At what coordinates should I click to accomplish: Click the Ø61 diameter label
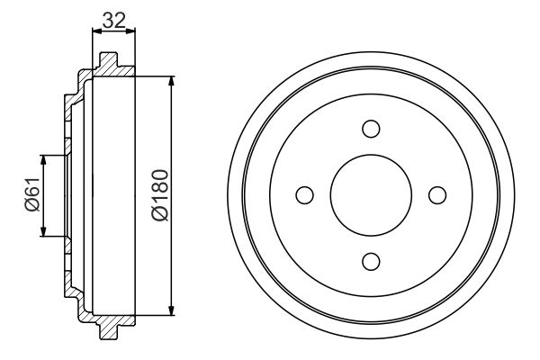click(x=31, y=195)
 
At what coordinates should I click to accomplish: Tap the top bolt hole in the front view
click(x=370, y=128)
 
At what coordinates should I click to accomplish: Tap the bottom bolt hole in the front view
click(x=370, y=261)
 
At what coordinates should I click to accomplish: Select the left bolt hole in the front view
click(x=303, y=194)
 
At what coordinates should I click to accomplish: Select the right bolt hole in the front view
click(x=436, y=194)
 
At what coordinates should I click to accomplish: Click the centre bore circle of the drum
click(x=370, y=194)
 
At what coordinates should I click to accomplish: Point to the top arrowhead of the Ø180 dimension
click(x=171, y=81)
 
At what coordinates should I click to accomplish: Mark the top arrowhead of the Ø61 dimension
click(x=43, y=160)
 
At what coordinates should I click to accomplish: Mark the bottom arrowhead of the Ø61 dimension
click(x=43, y=231)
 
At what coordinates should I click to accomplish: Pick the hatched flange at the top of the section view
click(x=107, y=66)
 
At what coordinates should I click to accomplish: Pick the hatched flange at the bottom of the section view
click(x=107, y=326)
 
